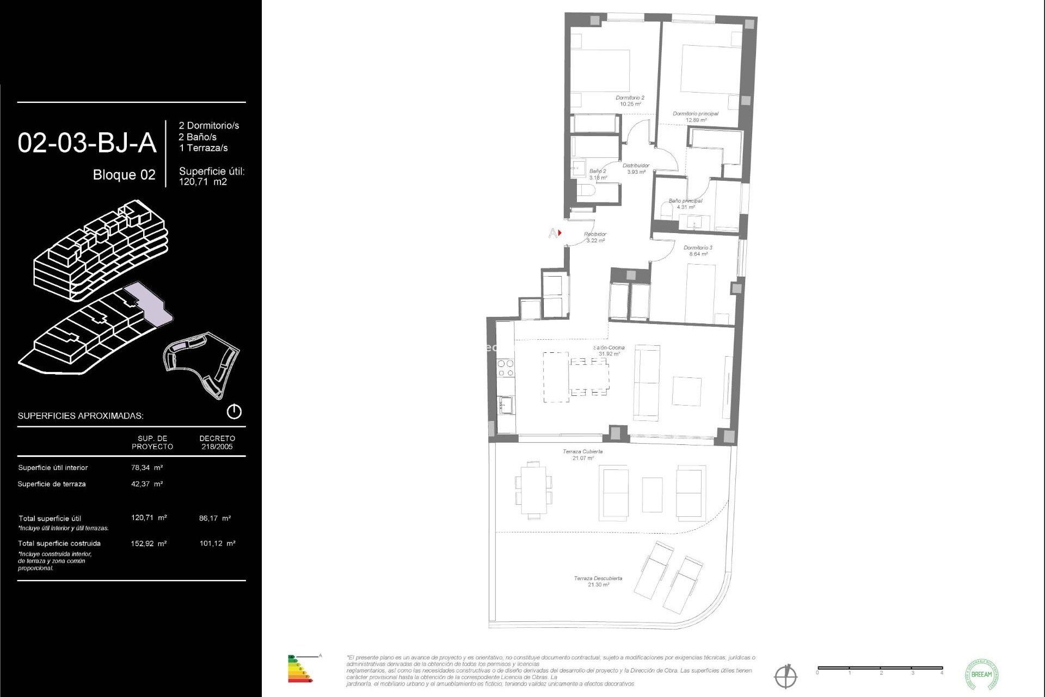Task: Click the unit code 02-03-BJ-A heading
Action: [87, 143]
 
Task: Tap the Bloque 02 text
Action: [124, 175]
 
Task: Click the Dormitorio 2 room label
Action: [630, 101]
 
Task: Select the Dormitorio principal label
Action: [696, 117]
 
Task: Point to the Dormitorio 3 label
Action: [698, 250]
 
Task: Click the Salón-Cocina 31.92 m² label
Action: [609, 351]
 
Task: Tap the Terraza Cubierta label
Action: [582, 455]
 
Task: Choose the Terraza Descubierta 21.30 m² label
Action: [598, 581]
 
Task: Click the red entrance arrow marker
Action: [560, 233]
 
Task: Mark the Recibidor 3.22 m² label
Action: [595, 237]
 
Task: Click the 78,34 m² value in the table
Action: [146, 467]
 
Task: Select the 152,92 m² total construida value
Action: [148, 543]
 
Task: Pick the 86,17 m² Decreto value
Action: [214, 518]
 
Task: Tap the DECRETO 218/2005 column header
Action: [217, 442]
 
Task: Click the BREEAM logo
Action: [981, 674]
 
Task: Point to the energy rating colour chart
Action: [299, 669]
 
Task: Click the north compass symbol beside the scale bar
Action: [785, 676]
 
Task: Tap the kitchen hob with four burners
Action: [506, 368]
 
